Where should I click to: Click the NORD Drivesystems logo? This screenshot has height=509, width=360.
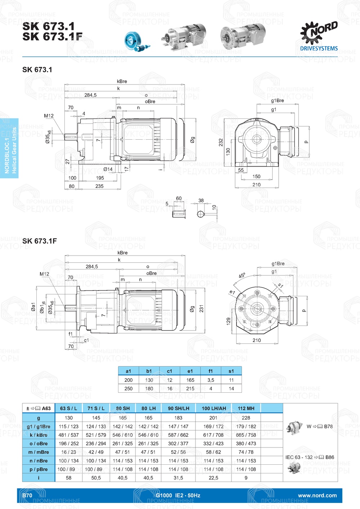(319, 36)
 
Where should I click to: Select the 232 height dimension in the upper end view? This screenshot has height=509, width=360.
(221, 142)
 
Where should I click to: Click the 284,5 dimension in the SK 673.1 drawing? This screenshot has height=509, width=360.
(90, 95)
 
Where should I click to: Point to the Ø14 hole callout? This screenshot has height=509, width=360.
(108, 169)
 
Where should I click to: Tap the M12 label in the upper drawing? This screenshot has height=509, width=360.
(49, 116)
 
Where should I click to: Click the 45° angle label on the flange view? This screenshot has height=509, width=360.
(242, 275)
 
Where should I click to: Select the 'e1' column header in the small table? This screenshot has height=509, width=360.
(190, 371)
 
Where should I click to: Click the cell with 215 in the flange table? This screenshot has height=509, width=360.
(190, 388)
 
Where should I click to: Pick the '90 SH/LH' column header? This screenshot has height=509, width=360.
(179, 408)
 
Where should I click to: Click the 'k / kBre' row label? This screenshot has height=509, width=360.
(39, 435)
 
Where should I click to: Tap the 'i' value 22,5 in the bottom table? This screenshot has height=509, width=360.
(213, 478)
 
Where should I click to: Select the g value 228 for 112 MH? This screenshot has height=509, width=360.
(246, 418)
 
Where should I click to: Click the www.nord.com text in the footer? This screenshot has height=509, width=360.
(317, 495)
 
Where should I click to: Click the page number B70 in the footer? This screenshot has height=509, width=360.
(27, 495)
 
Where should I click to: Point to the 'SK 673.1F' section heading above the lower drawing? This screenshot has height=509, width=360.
(40, 241)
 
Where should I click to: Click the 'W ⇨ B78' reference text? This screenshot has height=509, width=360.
(319, 426)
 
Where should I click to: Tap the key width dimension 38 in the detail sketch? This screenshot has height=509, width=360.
(201, 201)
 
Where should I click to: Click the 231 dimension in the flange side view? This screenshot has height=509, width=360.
(202, 308)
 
